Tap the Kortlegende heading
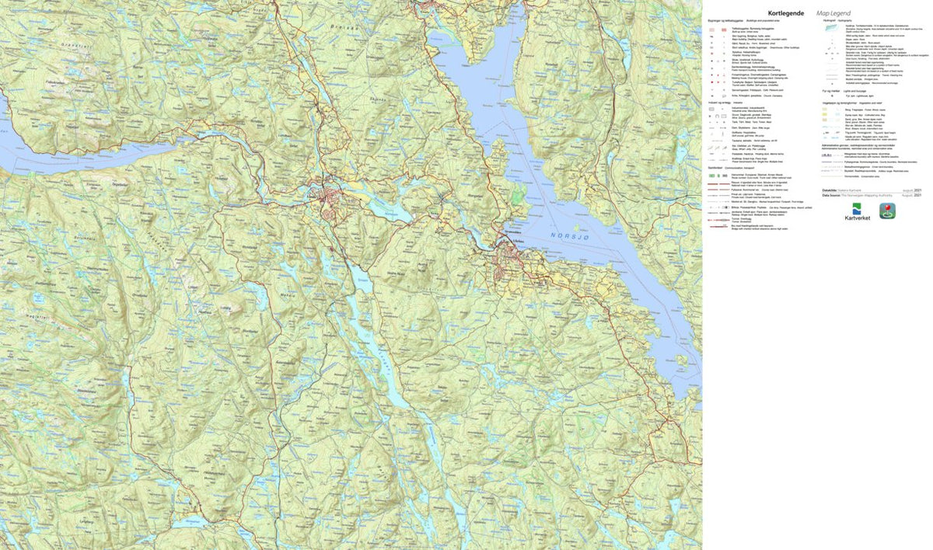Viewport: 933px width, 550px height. tap(787, 12)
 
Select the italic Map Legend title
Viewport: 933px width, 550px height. tap(833, 12)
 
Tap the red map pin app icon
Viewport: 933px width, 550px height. tap(887, 211)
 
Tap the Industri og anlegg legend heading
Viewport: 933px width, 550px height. tap(719, 103)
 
